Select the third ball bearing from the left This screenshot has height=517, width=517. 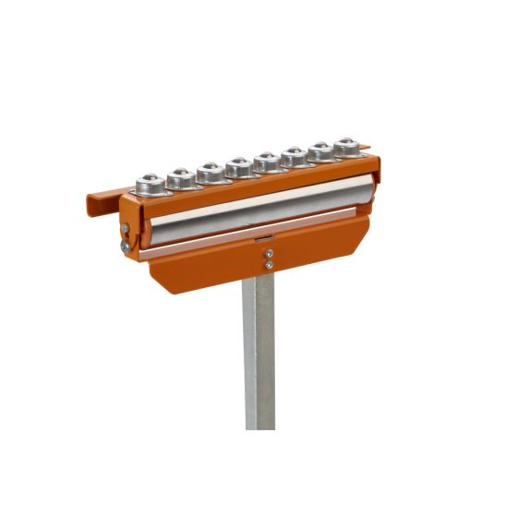(x=210, y=171)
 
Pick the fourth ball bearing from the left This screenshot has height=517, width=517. (x=239, y=166)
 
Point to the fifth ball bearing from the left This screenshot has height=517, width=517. (x=267, y=162)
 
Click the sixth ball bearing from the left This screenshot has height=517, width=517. (x=295, y=156)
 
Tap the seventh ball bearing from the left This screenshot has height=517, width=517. (x=320, y=150)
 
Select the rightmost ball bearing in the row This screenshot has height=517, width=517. (x=345, y=146)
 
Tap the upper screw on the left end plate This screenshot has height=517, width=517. (x=126, y=228)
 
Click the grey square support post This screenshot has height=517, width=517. (x=260, y=360)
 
